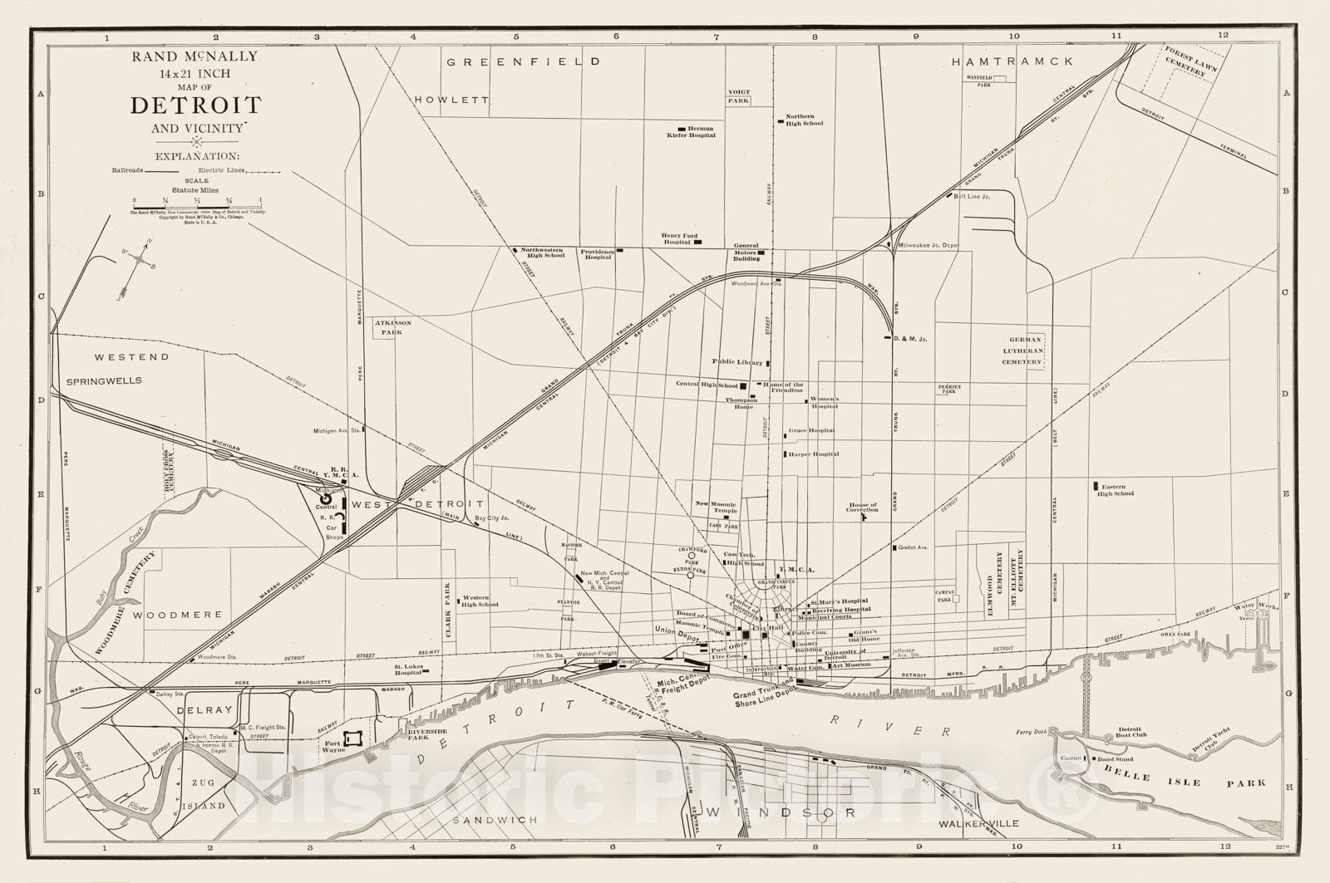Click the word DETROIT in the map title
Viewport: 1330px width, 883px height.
[x=195, y=105]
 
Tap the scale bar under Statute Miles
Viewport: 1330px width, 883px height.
[x=196, y=206]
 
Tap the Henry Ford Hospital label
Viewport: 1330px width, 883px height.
[x=679, y=238]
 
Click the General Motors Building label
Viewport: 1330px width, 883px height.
[x=746, y=252]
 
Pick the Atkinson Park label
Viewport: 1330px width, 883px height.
[x=387, y=327]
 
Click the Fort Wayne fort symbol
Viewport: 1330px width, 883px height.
[x=353, y=738]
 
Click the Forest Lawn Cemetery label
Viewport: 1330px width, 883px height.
[x=1186, y=61]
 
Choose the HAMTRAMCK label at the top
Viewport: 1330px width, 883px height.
[x=1012, y=61]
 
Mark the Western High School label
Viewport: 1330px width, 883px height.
[x=480, y=601]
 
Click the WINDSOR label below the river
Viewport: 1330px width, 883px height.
[x=779, y=812]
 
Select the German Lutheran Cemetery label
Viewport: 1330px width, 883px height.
[x=1025, y=351]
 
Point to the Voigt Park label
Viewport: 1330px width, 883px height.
[x=738, y=96]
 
